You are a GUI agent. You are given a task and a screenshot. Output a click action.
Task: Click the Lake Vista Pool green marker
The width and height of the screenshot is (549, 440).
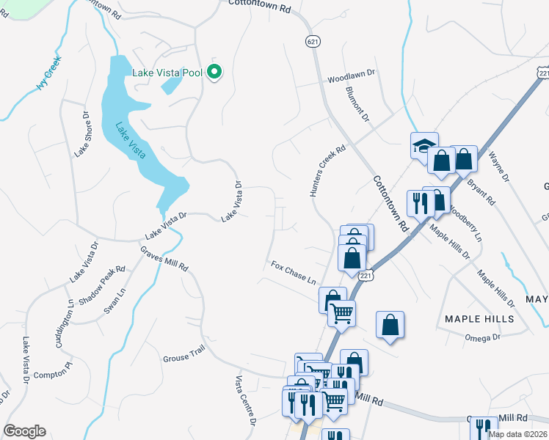(215, 72)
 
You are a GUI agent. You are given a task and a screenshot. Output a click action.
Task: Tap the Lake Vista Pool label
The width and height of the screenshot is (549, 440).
(167, 73)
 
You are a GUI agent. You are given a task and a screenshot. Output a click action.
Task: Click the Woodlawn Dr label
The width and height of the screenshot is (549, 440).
(351, 75)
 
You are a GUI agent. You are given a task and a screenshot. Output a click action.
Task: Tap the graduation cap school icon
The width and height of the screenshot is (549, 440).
(424, 145)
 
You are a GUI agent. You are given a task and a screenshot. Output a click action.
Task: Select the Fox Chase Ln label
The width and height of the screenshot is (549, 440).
(294, 272)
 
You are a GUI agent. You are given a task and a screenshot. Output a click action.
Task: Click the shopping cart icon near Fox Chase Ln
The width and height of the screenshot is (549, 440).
(341, 313)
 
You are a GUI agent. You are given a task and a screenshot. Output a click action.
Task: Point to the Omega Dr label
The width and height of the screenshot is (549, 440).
(481, 338)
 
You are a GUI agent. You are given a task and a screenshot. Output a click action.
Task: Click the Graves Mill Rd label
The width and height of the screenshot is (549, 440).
(165, 257)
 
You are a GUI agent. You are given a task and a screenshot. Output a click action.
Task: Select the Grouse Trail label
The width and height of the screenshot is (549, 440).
(183, 356)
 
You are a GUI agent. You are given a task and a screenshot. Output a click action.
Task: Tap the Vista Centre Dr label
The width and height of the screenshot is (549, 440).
(245, 401)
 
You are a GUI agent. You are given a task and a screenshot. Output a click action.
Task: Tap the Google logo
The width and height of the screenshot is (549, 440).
(24, 431)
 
